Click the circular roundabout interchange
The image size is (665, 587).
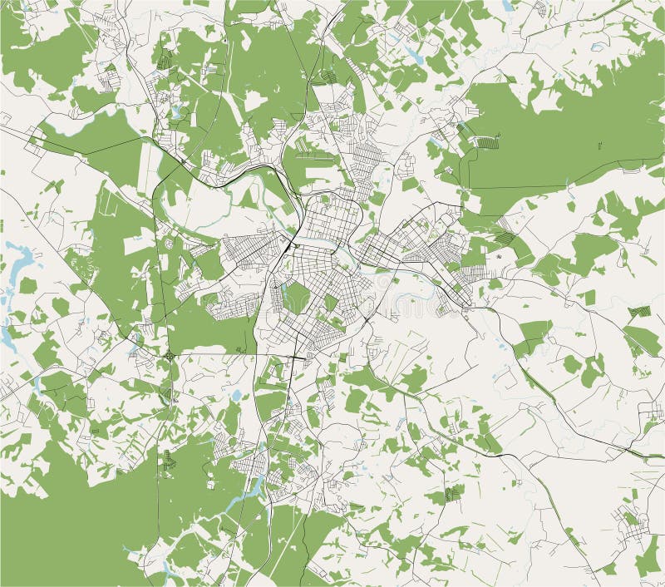[169, 355]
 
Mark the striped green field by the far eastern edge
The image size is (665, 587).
[639, 312]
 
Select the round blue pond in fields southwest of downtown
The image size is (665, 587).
[235, 396]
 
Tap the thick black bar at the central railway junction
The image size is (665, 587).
[286, 248]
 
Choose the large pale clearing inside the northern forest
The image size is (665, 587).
[255, 101]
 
